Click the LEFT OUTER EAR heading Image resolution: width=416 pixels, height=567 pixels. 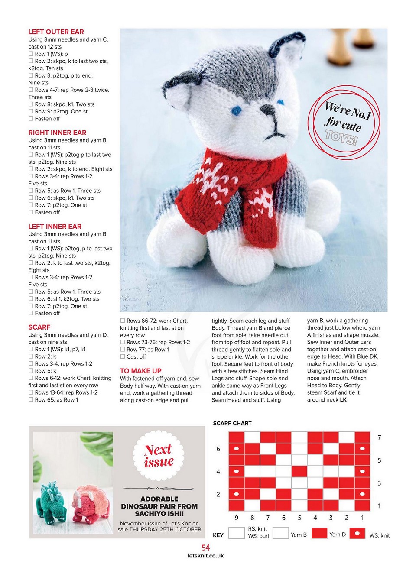[x=56, y=32]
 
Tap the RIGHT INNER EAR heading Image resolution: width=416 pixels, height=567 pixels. [x=57, y=133]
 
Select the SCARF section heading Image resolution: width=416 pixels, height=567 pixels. [x=39, y=327]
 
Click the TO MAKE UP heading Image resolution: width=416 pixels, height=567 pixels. [x=140, y=371]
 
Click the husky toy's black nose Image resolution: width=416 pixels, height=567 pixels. [x=268, y=109]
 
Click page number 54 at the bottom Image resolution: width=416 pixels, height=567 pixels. [x=205, y=548]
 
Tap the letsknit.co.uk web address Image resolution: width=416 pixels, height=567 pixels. [x=206, y=556]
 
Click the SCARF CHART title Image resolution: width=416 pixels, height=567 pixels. [x=232, y=423]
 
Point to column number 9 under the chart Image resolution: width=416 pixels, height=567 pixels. [x=237, y=518]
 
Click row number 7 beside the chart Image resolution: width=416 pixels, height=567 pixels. [x=379, y=437]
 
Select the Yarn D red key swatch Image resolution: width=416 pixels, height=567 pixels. [x=319, y=533]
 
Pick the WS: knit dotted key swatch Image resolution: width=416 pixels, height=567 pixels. [x=357, y=533]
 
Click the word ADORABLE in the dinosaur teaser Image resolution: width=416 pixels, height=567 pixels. [x=159, y=499]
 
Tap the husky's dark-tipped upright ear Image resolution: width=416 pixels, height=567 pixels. [x=286, y=48]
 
